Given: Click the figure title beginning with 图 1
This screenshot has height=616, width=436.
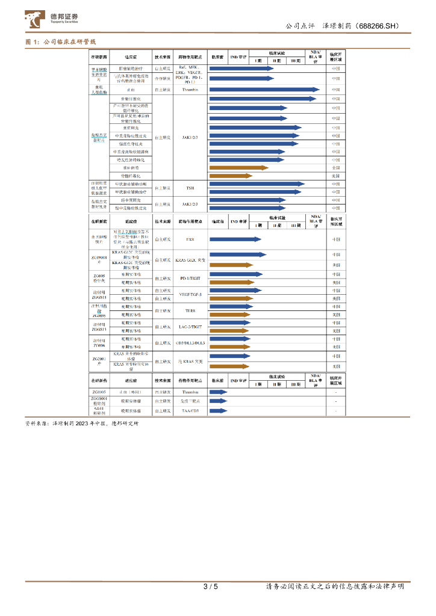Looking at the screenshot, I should click(x=61, y=42).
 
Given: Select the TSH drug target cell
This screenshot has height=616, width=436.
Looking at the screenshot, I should click(x=190, y=188).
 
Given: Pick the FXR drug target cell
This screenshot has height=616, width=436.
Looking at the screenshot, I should click(x=190, y=239).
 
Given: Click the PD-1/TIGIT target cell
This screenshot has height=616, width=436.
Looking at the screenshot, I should click(x=190, y=278).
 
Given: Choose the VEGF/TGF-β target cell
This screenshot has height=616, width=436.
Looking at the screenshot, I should click(x=190, y=294).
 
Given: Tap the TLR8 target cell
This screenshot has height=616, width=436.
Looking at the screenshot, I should click(x=190, y=310).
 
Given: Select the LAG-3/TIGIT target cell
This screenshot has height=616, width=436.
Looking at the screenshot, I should click(x=190, y=327).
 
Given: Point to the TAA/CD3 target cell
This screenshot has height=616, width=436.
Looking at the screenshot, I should click(x=190, y=411).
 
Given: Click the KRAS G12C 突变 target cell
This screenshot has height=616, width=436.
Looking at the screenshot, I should click(x=190, y=260).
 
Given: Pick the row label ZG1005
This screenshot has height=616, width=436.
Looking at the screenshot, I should click(x=99, y=392).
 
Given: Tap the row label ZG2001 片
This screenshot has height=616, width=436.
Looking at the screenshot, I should click(x=99, y=362).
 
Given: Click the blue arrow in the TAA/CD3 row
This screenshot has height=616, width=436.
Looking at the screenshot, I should click(x=218, y=411).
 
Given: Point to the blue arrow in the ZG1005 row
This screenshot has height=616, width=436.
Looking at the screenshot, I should click(x=218, y=392).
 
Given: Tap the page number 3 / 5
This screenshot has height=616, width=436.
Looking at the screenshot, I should click(x=210, y=587).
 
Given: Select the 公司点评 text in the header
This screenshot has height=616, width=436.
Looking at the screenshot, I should click(x=300, y=26).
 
